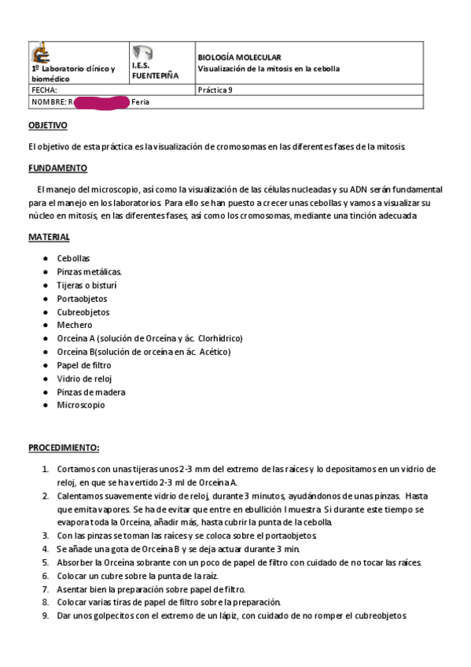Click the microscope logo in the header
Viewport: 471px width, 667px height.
[x=40, y=53]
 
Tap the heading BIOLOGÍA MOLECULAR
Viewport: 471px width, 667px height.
[x=238, y=57]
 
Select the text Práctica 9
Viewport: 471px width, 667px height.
[x=215, y=90]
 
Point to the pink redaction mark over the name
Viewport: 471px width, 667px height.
[x=99, y=102]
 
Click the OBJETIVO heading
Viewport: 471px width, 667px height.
[x=48, y=126]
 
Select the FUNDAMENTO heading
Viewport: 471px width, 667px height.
[x=58, y=168]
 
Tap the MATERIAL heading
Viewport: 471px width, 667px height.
[x=50, y=237]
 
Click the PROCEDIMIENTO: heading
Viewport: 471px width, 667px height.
[x=64, y=448]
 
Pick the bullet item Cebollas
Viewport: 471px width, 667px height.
[x=73, y=258]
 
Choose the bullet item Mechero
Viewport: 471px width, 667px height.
[x=74, y=325]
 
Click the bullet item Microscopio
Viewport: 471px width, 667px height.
[x=80, y=405]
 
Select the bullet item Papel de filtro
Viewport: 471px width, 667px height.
[x=84, y=365]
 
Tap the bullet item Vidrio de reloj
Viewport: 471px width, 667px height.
[x=85, y=378]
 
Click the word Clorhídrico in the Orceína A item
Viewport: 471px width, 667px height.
[x=220, y=338]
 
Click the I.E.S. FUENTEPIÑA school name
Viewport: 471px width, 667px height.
[x=155, y=71]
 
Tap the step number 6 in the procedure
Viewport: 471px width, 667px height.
[x=45, y=576]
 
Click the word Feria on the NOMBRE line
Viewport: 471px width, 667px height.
[x=140, y=102]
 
